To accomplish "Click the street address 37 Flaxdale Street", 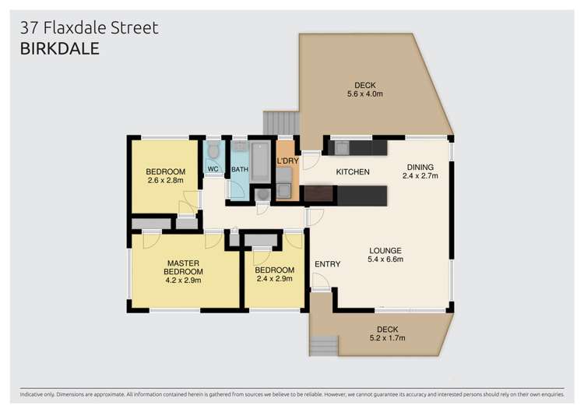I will point(89,28).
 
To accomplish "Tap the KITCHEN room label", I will point(352,171).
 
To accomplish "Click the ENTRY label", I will point(327,264).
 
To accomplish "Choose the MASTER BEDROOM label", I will point(184,267).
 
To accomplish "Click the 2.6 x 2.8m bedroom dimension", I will point(165,181).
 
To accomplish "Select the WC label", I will point(213,169).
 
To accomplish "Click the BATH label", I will point(238,169).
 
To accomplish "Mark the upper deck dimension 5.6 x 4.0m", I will point(364,94).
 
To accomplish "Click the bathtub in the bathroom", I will point(259,161).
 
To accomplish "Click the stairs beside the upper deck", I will point(281,122).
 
